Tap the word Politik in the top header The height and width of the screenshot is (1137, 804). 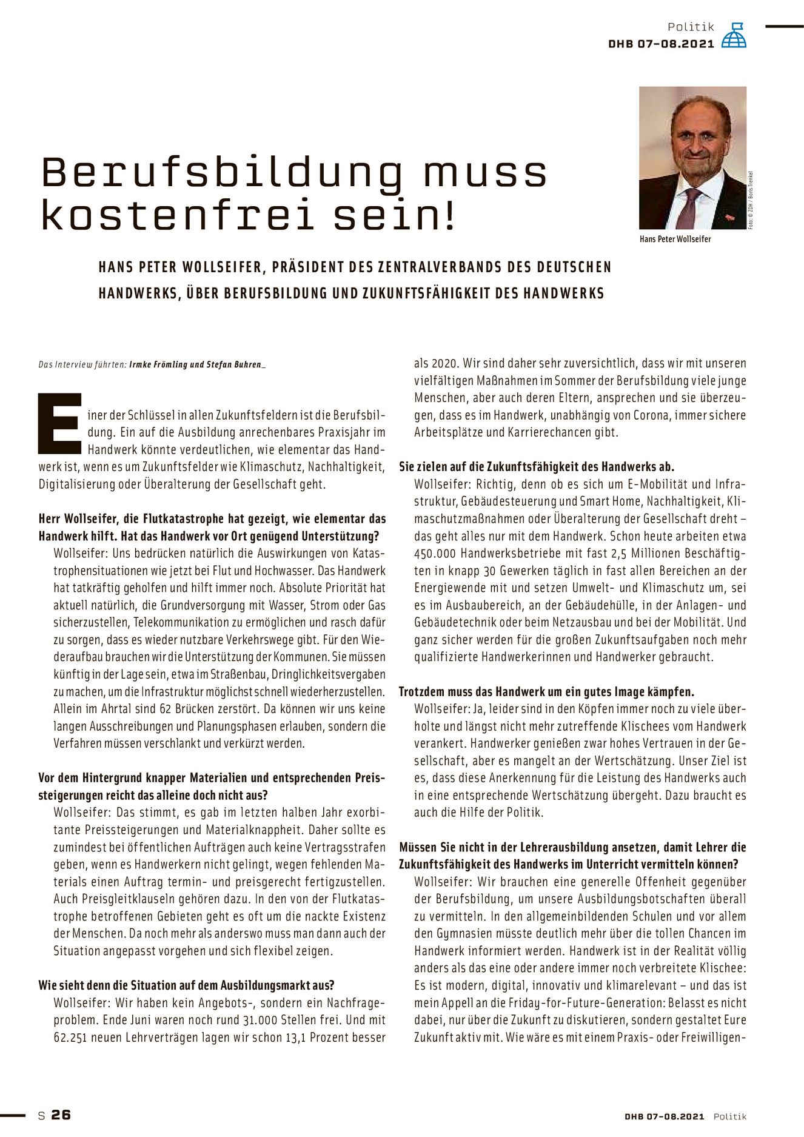[691, 27]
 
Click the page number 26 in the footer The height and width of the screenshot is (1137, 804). [61, 1115]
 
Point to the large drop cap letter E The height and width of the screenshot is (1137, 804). [59, 423]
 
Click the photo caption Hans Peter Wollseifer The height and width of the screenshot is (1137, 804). [675, 239]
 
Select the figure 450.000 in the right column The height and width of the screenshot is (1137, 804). [435, 554]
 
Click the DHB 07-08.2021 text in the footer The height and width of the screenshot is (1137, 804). [665, 1116]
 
